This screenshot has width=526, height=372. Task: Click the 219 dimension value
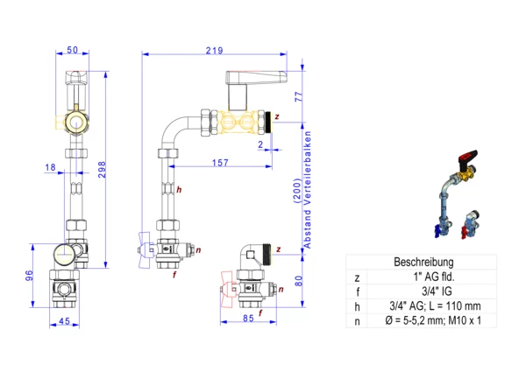tap(215, 51)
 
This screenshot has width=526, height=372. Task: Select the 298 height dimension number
tap(102, 170)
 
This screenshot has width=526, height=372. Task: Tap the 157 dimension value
tap(220, 163)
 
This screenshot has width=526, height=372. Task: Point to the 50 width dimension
tap(72, 50)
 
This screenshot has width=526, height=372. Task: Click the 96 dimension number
tap(30, 275)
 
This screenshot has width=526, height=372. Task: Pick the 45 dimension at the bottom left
tap(64, 321)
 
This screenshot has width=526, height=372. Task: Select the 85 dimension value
tap(248, 318)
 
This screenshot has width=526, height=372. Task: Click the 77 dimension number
tap(299, 96)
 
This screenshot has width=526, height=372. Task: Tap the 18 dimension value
tap(50, 167)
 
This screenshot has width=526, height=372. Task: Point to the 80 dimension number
tap(298, 281)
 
